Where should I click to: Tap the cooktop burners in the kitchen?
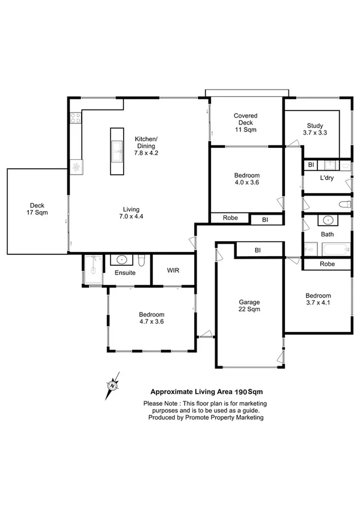coord(76,118)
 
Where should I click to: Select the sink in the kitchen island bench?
coord(117,152)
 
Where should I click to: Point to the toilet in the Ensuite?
coord(140,260)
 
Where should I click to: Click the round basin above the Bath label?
coord(327,220)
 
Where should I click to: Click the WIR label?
coord(173,271)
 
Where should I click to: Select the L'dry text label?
coord(326,179)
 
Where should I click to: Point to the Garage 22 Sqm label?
coord(248,307)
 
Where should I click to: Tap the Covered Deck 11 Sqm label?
coord(245,122)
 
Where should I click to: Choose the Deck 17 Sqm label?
coord(37,208)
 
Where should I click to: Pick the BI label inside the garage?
coord(257,250)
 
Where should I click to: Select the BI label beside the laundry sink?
coord(311,165)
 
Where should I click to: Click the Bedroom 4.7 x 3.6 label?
coord(151,318)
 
